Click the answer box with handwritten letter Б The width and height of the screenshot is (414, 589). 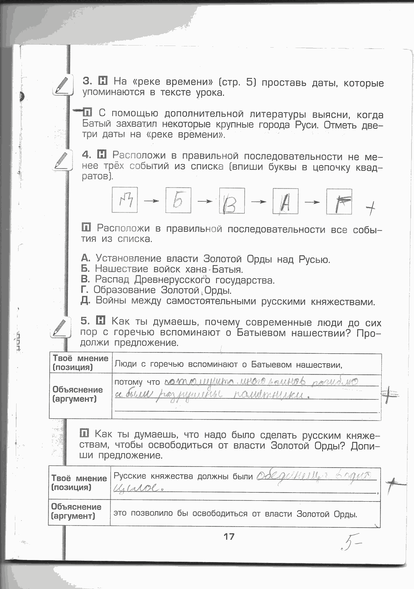pos(178,201)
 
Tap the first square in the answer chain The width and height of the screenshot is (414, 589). pos(125,200)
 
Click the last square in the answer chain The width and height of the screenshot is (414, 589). pos(339,202)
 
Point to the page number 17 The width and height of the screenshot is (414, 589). pos(229,536)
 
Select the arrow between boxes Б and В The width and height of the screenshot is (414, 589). pos(205,201)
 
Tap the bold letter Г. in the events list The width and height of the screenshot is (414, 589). pos(85,290)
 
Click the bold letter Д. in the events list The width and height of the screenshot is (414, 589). pos(86,301)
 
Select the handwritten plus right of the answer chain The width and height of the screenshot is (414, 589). pos(371,209)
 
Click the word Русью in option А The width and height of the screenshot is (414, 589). pos(314,260)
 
